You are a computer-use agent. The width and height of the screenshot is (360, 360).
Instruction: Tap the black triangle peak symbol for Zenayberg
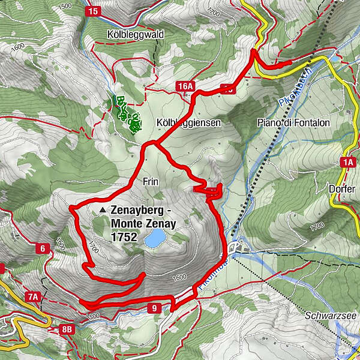[x=104, y=211]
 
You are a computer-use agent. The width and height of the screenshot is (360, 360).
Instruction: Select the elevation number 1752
[x=124, y=238]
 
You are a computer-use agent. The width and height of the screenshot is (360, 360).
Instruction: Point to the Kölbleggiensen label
[x=188, y=122]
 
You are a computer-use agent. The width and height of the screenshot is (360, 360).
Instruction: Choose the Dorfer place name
[x=343, y=188]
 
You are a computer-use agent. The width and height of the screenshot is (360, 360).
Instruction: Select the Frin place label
[x=150, y=180]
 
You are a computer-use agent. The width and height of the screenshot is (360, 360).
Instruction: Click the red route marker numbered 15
[x=92, y=11]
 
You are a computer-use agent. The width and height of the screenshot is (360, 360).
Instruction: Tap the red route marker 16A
[x=185, y=87]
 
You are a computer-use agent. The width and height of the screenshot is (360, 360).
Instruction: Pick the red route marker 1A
[x=347, y=161]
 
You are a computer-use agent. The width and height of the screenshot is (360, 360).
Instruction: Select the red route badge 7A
[x=33, y=296]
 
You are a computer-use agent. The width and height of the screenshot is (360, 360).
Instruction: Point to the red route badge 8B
[x=67, y=328]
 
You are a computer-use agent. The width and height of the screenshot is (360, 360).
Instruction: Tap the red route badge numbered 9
[x=155, y=308]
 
